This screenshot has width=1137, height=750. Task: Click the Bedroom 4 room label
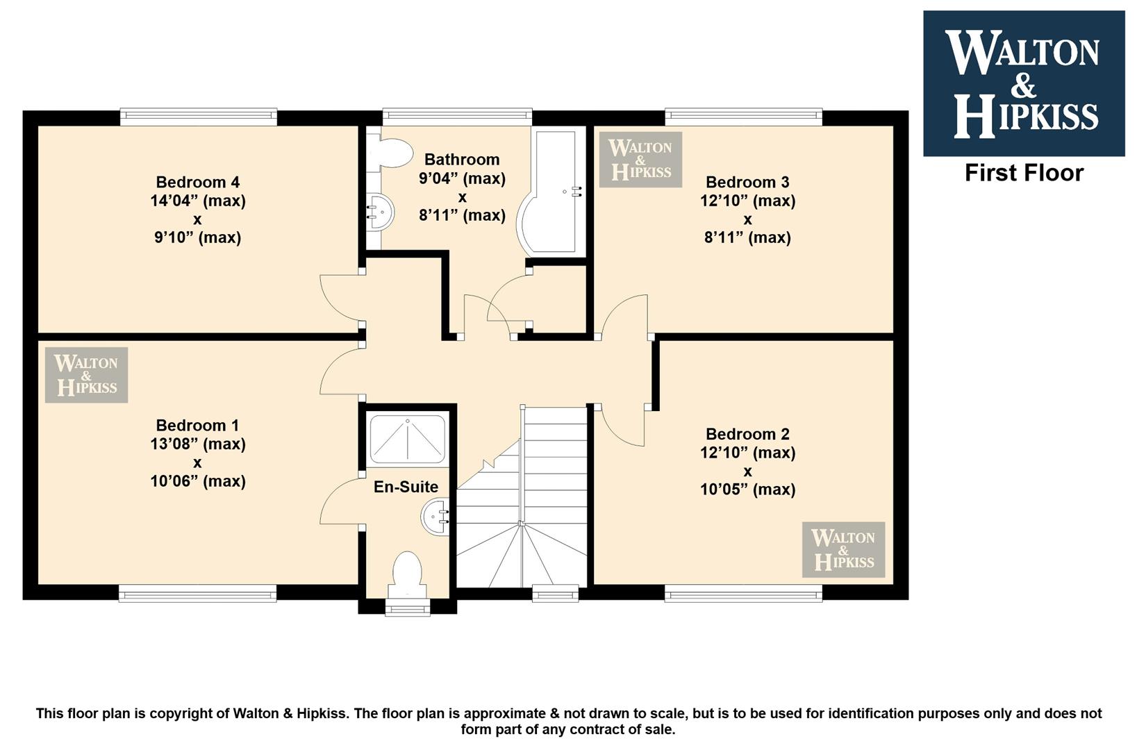coord(197,182)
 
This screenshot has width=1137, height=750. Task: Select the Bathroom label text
coord(462,159)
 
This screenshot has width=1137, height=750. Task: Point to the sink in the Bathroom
coord(380,212)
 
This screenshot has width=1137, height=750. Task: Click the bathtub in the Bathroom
coord(551,193)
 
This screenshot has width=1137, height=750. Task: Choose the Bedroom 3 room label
coord(747,182)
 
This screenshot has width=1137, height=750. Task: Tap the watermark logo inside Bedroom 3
coord(640,159)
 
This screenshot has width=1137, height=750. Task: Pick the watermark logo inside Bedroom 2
coord(843,549)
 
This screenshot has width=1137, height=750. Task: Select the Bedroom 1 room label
coord(197,425)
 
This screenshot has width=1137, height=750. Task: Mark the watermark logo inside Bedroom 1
coord(86,375)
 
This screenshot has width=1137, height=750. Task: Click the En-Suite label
coord(406,487)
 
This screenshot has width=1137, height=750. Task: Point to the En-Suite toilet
coord(407,575)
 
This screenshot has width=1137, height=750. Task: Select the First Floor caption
coord(1024,173)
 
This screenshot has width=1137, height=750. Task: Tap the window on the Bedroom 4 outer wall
coord(199,117)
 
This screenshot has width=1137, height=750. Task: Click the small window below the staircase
coord(555,593)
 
